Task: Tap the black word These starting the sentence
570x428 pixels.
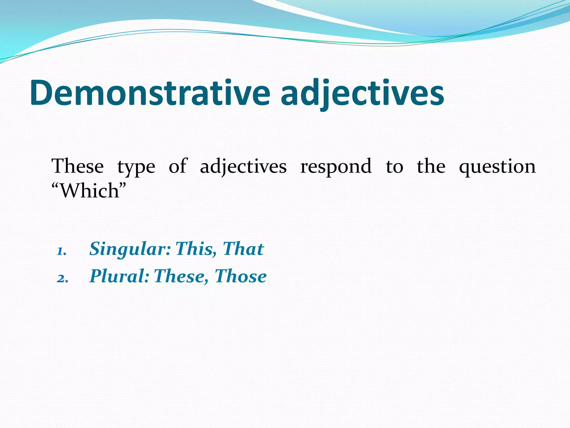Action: coord(78,166)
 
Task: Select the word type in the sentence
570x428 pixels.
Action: coord(136,167)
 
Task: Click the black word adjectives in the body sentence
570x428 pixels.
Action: coord(243,167)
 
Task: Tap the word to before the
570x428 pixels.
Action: coord(394,167)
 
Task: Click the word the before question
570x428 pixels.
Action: coord(431,166)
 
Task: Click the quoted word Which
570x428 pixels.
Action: coord(89,191)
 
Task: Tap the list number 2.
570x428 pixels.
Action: coord(62,278)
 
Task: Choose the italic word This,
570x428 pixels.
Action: coord(196,249)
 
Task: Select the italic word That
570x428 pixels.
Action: coord(243,249)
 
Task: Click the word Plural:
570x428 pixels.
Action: coord(119,276)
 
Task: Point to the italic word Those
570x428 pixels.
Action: coord(240,276)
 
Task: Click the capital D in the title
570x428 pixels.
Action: coord(42,93)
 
